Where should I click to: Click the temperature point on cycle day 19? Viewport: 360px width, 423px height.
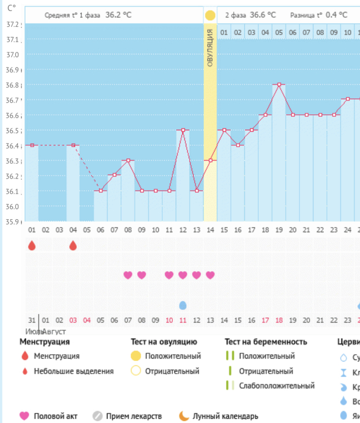[x=279, y=85]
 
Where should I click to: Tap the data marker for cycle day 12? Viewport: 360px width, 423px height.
[x=183, y=130]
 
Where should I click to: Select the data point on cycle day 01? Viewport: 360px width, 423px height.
[x=32, y=145]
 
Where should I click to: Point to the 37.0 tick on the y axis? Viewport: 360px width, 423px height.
[x=13, y=55]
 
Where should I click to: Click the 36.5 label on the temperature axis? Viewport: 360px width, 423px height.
[x=13, y=131]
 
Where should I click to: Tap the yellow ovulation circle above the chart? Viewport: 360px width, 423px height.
[x=210, y=15]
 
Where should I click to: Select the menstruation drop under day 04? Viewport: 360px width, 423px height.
[x=73, y=246]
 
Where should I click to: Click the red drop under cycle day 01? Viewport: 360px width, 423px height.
[x=32, y=246]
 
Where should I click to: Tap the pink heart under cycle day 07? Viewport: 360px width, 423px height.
[x=128, y=275]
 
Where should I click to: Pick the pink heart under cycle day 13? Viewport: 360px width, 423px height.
[x=210, y=275]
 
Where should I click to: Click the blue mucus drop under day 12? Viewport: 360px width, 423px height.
[x=183, y=305]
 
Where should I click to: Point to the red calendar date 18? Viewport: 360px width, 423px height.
[x=279, y=320]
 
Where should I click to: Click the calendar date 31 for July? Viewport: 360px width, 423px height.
[x=32, y=320]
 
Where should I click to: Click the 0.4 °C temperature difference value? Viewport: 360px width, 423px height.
[x=336, y=15]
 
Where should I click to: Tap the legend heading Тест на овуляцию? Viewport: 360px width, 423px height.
[x=164, y=342]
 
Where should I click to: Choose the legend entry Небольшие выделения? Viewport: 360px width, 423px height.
[x=74, y=371]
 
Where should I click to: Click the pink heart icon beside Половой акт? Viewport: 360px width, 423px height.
[x=24, y=416]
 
